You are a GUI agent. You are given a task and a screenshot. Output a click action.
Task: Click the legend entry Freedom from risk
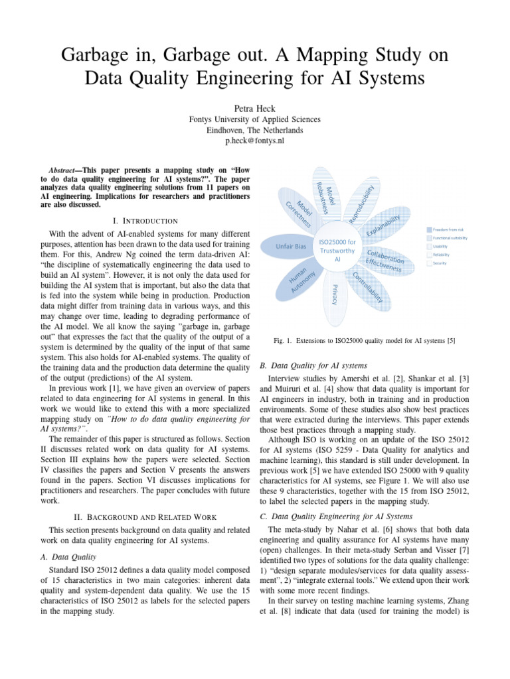[x=450, y=229]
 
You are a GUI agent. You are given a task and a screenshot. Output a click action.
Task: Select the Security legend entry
[x=440, y=263]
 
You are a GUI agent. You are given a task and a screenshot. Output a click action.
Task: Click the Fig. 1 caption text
[x=364, y=341]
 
